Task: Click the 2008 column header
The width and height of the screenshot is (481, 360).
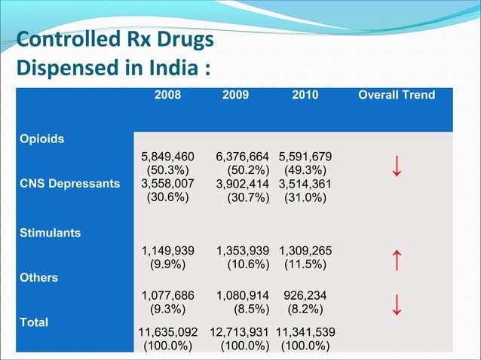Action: click(x=167, y=95)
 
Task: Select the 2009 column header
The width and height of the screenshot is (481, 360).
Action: click(x=236, y=95)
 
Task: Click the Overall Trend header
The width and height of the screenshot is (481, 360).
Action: click(x=396, y=95)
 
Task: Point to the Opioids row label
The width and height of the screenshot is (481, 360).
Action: click(x=42, y=139)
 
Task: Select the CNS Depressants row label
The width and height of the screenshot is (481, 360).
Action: click(x=69, y=184)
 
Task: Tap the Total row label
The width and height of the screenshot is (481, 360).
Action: click(x=35, y=322)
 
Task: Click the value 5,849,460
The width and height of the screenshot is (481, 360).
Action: click(x=167, y=157)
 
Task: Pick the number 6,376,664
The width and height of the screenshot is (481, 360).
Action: click(x=243, y=157)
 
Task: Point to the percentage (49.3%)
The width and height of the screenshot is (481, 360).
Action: click(x=305, y=171)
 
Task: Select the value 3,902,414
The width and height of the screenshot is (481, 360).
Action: click(x=243, y=185)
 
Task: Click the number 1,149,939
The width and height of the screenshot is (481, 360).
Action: click(x=167, y=250)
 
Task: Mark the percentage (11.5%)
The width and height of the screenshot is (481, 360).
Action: click(x=305, y=264)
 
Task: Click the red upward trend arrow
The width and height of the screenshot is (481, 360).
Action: click(x=396, y=260)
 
